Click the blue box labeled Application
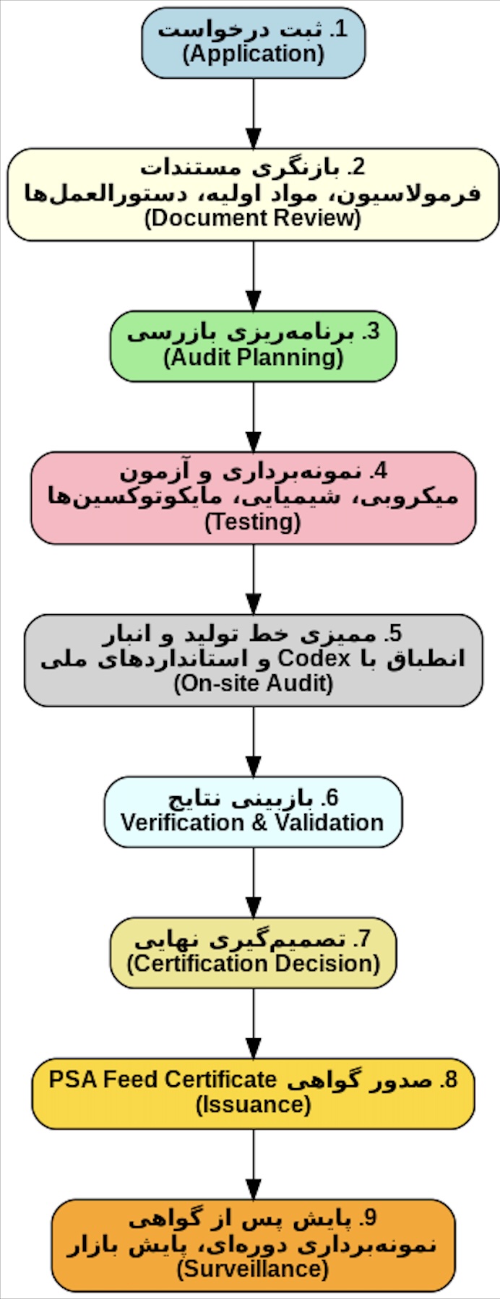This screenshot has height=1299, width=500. [253, 43]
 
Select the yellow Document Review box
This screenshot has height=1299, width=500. [253, 194]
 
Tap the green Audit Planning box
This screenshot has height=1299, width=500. [253, 346]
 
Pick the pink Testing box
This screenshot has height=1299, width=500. [253, 498]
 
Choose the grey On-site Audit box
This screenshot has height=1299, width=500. [253, 660]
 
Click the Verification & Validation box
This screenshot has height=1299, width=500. [253, 811]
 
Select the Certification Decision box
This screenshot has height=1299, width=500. [253, 952]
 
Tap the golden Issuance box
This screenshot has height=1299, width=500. [253, 1093]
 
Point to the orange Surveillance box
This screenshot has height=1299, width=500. [253, 1245]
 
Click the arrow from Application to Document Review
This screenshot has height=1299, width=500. [253, 113]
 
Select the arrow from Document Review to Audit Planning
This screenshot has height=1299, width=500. [253, 276]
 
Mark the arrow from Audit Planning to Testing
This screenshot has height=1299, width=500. [253, 417]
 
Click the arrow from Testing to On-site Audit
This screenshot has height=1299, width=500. [253, 579]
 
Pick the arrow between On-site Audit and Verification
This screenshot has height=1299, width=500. [253, 741]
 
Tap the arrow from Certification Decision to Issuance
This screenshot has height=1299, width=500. [253, 1023]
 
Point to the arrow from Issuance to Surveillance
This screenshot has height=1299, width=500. [253, 1164]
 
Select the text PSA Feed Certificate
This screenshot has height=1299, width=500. [163, 1079]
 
